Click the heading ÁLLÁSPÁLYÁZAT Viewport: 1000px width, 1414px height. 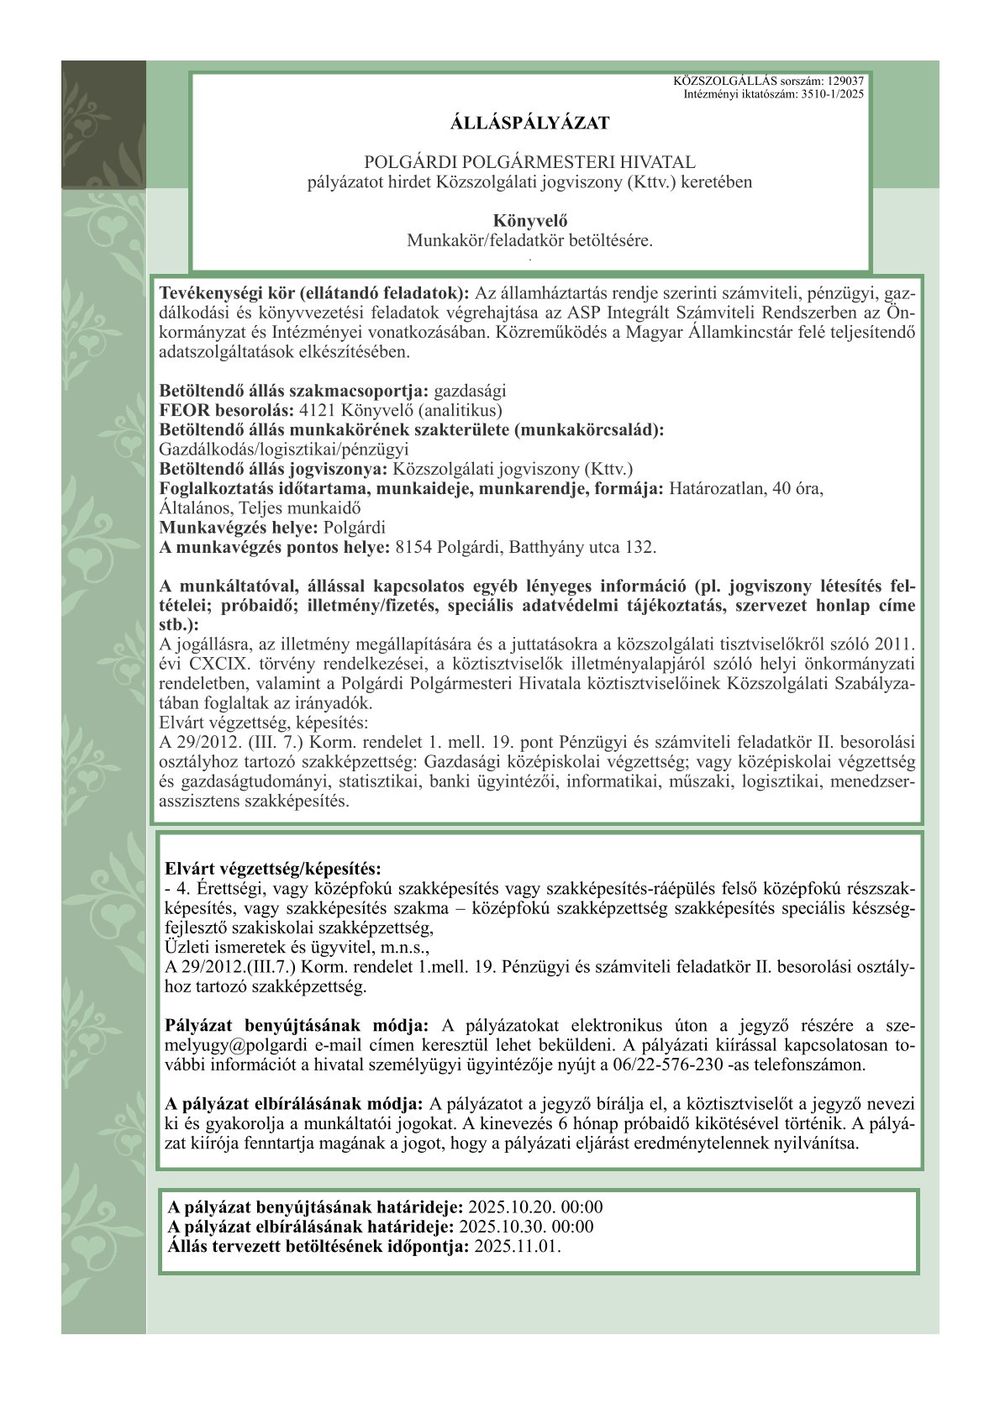click(529, 124)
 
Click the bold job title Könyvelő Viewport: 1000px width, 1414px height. click(529, 221)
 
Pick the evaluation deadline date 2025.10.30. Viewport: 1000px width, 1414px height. click(499, 1227)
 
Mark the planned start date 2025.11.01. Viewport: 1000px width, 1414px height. click(517, 1246)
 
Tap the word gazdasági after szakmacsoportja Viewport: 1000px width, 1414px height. click(470, 392)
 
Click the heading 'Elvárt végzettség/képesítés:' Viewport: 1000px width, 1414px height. click(272, 869)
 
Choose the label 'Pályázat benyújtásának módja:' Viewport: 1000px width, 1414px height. click(297, 1026)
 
